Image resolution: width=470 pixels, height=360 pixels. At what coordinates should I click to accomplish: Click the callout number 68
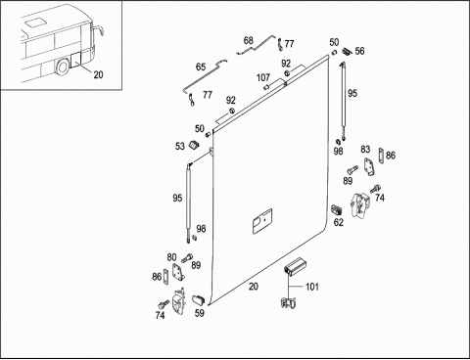coord(249,41)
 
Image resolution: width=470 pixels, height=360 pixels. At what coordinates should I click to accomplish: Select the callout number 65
coord(201,67)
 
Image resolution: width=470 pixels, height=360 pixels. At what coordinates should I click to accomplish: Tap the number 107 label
coord(263,77)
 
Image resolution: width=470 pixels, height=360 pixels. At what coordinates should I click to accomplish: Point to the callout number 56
coord(359,51)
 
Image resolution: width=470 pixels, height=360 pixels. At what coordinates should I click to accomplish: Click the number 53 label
coord(180,147)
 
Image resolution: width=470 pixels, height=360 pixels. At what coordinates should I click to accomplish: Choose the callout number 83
coord(365,150)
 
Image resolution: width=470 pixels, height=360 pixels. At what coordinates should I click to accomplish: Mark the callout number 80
coord(171,257)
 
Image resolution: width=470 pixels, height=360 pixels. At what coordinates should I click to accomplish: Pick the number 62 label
coord(339,222)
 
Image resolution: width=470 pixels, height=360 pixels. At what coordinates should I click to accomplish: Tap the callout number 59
coord(200,313)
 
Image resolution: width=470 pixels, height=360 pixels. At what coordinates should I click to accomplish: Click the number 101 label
coord(311,287)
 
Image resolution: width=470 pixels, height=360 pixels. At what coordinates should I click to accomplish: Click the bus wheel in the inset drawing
coord(62,67)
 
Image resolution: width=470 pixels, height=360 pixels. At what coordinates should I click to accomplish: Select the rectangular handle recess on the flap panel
coord(262,221)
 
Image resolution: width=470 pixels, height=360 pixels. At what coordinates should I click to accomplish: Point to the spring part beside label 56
coord(346,51)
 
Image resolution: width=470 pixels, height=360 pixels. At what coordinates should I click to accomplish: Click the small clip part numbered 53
coord(194,145)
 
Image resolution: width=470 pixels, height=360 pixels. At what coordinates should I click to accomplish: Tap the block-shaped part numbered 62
coord(337,209)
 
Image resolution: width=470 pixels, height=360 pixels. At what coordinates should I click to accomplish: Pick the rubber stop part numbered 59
coord(198,299)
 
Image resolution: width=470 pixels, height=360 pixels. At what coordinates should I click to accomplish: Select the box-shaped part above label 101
coord(294,266)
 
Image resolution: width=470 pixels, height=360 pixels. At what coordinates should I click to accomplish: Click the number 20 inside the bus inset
coord(98,74)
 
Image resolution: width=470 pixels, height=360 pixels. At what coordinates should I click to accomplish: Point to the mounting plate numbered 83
coord(369,167)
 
